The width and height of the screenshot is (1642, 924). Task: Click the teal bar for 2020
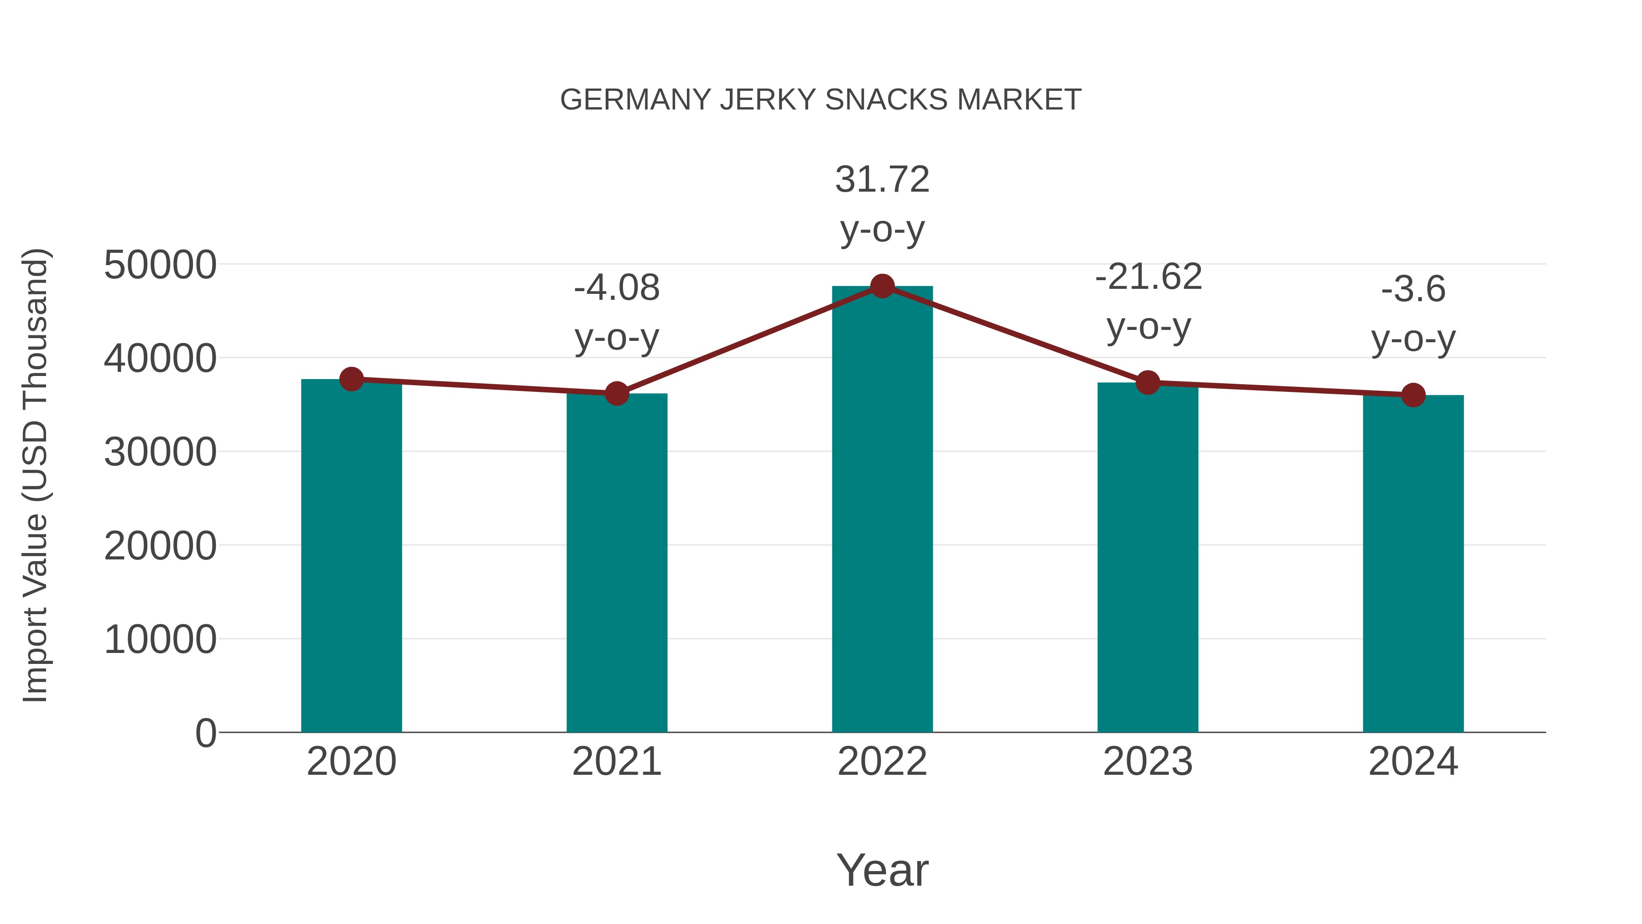pos(351,555)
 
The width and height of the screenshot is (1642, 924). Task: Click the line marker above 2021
pos(616,393)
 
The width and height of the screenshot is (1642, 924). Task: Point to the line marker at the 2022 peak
pos(882,286)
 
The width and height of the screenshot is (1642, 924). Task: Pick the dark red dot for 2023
pos(1148,383)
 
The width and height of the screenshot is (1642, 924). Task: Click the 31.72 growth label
pos(882,180)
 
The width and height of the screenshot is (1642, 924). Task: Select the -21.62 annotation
pos(1148,277)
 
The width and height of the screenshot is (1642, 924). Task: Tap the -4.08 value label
pos(616,288)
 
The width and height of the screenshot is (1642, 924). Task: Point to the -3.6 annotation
pos(1413,289)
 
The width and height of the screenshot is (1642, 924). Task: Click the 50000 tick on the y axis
pos(160,265)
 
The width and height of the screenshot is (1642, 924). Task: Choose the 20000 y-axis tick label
pos(160,547)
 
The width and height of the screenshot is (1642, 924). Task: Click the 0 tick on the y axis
pos(205,733)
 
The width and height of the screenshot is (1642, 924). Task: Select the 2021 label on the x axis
pos(616,762)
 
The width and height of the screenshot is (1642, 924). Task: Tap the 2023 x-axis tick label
pos(1148,762)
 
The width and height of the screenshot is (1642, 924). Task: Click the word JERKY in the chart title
pos(768,100)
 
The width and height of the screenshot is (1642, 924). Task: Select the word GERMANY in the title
pos(635,100)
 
